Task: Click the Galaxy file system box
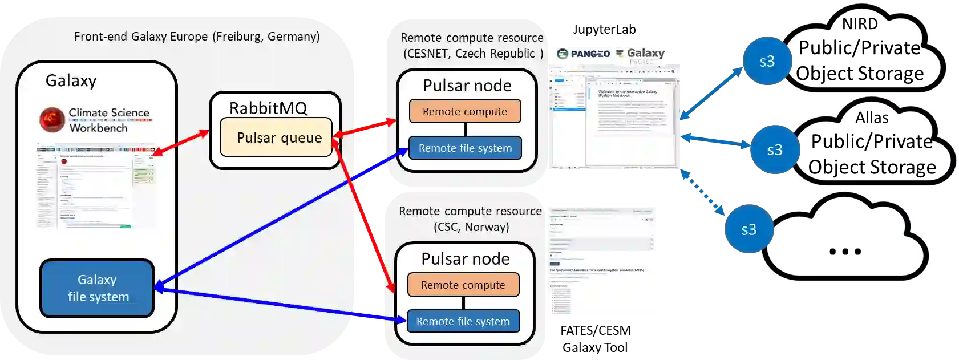point(97,288)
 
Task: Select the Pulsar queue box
point(276,137)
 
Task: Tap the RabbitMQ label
point(268,108)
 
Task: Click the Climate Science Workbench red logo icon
point(52,120)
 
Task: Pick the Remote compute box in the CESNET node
point(465,111)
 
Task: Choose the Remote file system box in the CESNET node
point(465,148)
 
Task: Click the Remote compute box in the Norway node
point(463,285)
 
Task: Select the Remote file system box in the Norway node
point(463,321)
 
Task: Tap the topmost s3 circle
point(767,62)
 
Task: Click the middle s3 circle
point(774,150)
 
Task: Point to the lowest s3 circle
point(748,229)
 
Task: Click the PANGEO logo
point(583,54)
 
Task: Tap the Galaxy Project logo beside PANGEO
point(641,54)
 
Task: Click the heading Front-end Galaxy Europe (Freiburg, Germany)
point(197,37)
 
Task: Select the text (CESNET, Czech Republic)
point(473,54)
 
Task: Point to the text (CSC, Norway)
point(471,227)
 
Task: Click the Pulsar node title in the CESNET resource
point(467,86)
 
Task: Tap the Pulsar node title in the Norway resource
point(466,259)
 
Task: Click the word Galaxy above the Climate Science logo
point(71,80)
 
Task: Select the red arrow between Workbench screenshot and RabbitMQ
point(181,142)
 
